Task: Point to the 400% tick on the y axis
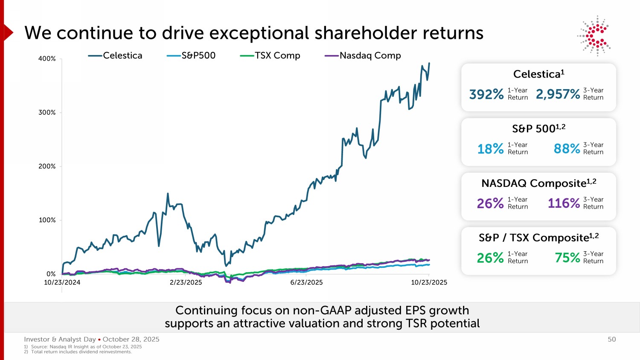coord(47,58)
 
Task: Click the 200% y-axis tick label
coord(47,166)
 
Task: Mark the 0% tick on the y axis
coord(51,274)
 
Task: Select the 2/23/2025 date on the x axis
coord(186,282)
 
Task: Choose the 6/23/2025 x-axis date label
coord(306,282)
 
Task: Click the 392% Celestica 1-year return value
coord(486,94)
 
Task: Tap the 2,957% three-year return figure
coord(558,94)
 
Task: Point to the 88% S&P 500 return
coord(567,149)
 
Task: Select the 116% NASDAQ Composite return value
coord(564,203)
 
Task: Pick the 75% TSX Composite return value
coord(567,258)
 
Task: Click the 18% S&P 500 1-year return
coord(490,149)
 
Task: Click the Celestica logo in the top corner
coord(594,36)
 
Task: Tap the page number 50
coord(612,340)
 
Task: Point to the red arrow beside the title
coord(8,32)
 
